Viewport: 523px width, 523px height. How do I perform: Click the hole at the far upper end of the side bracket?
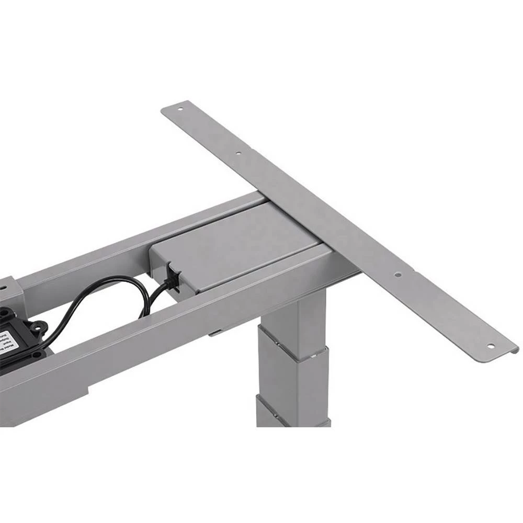[x=180, y=110]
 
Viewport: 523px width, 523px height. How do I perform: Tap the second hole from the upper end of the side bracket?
[x=238, y=154]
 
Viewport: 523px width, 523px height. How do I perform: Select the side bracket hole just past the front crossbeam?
[x=397, y=274]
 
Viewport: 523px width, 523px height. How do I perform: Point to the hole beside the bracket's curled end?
[x=490, y=345]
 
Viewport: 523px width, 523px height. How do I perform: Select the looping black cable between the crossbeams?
[x=105, y=298]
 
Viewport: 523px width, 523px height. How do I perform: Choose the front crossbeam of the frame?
[x=157, y=335]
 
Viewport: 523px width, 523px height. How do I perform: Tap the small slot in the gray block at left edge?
[x=8, y=287]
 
